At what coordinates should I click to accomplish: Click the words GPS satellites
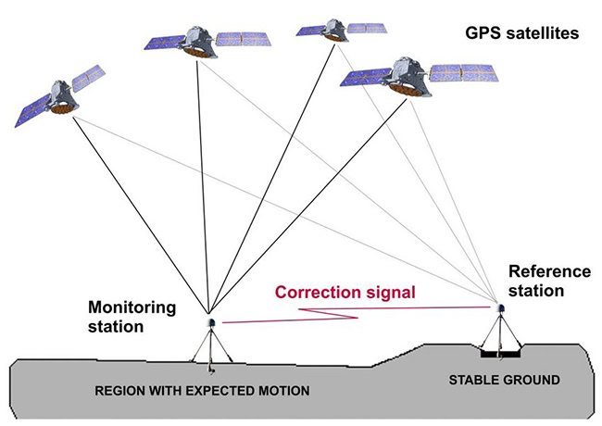521,33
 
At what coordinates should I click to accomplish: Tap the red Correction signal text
345,292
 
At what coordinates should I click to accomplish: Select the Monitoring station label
132,317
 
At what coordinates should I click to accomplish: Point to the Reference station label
549,281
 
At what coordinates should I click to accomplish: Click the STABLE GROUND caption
504,380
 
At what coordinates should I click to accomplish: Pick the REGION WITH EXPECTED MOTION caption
202,391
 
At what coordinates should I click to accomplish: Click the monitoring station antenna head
211,323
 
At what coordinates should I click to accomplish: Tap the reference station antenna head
500,308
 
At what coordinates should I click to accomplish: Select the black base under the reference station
500,354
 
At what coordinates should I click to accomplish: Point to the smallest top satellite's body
334,30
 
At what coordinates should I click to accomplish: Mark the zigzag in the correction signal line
328,313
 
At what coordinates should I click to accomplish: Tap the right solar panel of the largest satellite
464,73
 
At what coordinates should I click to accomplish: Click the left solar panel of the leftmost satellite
32,110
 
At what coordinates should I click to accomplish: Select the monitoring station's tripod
211,347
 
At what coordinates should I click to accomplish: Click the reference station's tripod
500,332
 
